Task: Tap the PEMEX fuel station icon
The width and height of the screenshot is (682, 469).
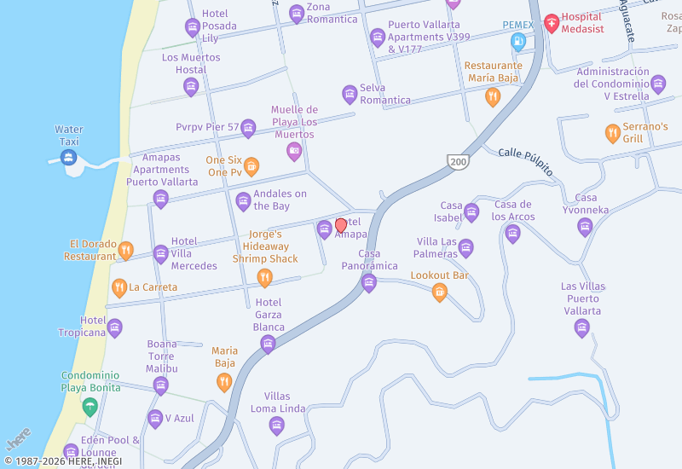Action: (x=517, y=41)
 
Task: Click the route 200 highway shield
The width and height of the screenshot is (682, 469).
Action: (x=458, y=161)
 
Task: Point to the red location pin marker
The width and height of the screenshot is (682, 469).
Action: (x=341, y=226)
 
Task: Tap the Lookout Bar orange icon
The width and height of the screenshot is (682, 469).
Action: (x=440, y=292)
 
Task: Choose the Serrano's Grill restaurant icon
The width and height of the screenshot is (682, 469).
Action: (x=612, y=133)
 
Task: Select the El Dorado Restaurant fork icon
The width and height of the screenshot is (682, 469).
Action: (x=126, y=250)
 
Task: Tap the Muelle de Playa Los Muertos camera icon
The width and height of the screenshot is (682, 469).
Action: (x=294, y=152)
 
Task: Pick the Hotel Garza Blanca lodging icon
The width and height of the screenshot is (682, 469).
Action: (x=268, y=344)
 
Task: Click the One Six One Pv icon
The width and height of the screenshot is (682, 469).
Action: (x=251, y=165)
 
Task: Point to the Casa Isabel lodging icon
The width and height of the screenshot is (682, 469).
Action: (x=471, y=212)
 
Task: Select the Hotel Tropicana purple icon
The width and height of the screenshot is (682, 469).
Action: (x=115, y=328)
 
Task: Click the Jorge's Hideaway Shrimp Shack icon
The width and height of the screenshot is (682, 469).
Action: (x=265, y=277)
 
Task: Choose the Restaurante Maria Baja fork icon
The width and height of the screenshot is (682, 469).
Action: (x=492, y=97)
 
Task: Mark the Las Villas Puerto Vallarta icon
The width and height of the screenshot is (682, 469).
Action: (x=582, y=328)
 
